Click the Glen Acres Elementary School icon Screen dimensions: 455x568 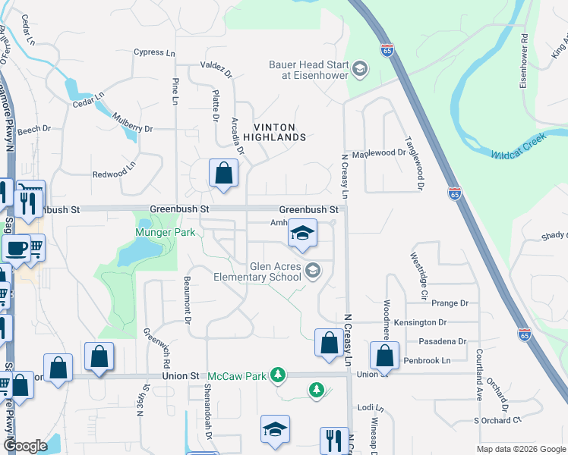312,270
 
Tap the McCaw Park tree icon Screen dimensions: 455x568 279,375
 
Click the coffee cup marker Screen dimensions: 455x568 16,247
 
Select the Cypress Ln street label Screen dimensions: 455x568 154,52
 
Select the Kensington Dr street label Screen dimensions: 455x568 431,323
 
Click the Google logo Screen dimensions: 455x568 25,447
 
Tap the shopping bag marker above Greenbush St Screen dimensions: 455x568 224,173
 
